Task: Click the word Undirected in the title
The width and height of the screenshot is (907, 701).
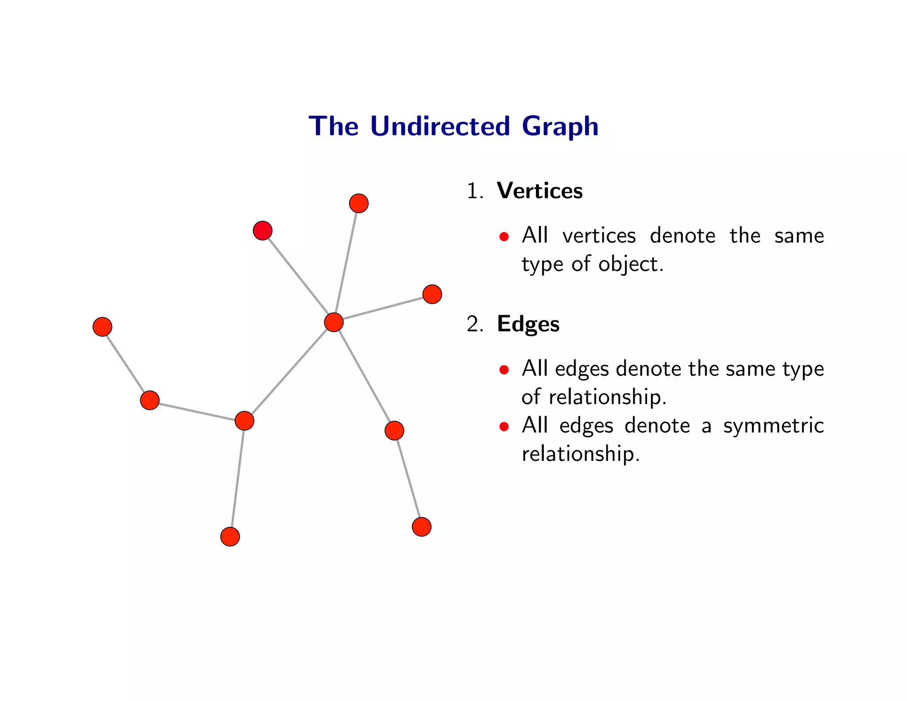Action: click(440, 126)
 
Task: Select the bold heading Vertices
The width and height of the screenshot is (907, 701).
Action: click(539, 191)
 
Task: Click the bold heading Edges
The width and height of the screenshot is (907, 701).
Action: click(528, 324)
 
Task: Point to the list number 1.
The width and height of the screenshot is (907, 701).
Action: click(474, 191)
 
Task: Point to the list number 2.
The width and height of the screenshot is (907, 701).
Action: click(474, 324)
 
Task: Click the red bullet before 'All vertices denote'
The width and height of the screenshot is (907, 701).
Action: click(504, 237)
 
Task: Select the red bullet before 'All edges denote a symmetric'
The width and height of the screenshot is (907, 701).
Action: click(504, 427)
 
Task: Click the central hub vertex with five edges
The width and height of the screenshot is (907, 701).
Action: click(333, 322)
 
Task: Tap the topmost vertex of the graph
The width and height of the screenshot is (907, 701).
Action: click(359, 203)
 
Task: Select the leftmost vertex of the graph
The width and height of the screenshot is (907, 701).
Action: click(102, 327)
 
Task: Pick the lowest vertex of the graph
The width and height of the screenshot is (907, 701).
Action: click(230, 537)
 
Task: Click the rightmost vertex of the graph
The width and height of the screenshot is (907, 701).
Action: click(432, 294)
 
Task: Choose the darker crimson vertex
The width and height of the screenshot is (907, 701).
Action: click(263, 230)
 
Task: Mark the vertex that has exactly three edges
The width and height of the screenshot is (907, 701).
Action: click(244, 421)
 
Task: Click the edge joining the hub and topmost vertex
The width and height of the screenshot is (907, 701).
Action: click(346, 263)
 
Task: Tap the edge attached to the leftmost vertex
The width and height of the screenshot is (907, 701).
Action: click(126, 363)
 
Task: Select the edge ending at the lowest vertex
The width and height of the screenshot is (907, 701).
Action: click(237, 479)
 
